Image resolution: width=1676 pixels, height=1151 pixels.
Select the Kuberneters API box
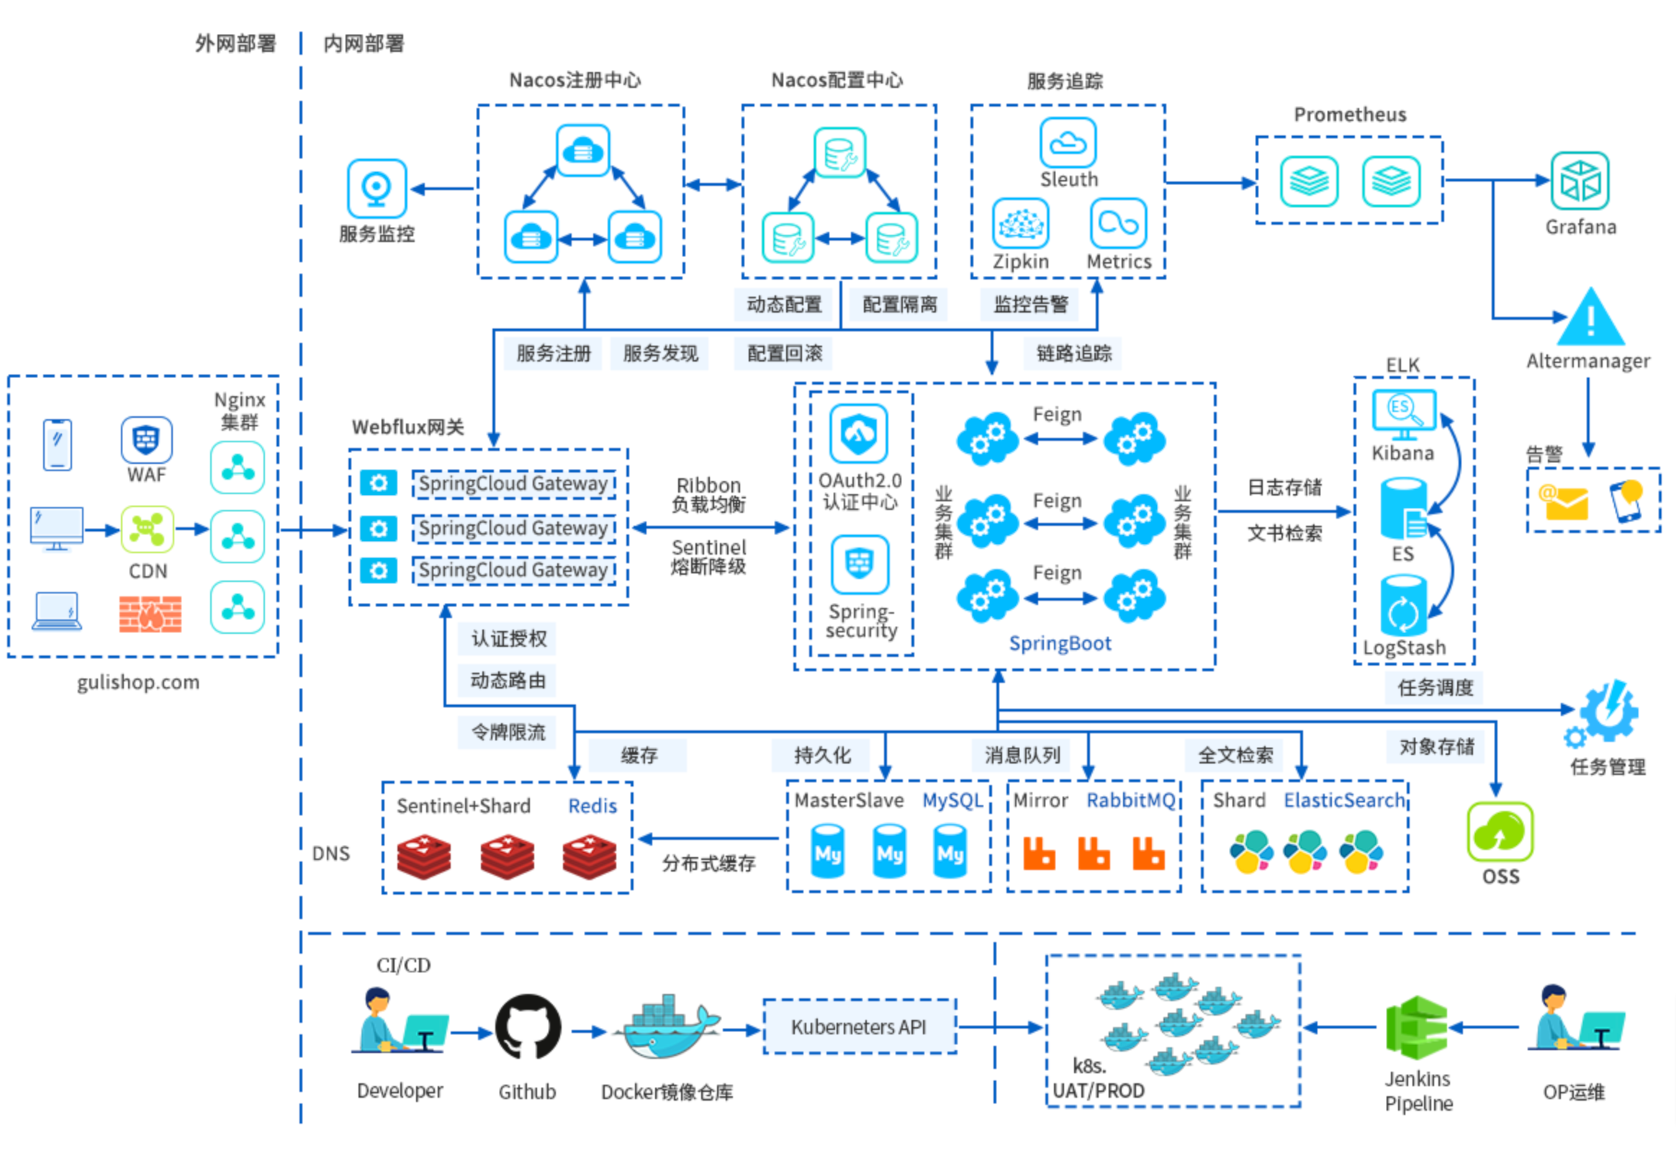pyautogui.click(x=860, y=1026)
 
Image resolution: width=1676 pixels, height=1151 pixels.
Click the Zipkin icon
pyautogui.click(x=1020, y=224)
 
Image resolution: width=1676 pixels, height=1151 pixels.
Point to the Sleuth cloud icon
pyautogui.click(x=1068, y=143)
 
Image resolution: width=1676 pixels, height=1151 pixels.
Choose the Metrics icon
pyautogui.click(x=1118, y=224)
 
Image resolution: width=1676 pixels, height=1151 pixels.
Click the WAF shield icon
pyautogui.click(x=146, y=439)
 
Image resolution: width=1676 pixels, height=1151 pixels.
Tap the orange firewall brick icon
pyautogui.click(x=150, y=614)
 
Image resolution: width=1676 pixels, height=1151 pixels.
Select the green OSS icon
pyautogui.click(x=1500, y=832)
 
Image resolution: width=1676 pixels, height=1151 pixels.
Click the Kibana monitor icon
pyautogui.click(x=1403, y=413)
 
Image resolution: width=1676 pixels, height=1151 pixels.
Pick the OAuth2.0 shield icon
pyautogui.click(x=858, y=433)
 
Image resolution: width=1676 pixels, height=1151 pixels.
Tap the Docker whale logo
pyautogui.click(x=667, y=1029)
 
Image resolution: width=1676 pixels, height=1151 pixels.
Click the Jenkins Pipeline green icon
pyautogui.click(x=1416, y=1028)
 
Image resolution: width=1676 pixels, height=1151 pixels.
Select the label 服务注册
pyautogui.click(x=553, y=354)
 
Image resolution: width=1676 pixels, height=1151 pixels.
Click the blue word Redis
pyautogui.click(x=592, y=806)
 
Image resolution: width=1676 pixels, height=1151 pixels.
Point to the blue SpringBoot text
pyautogui.click(x=1060, y=643)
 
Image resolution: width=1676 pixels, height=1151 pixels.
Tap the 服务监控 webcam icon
pyautogui.click(x=377, y=188)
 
